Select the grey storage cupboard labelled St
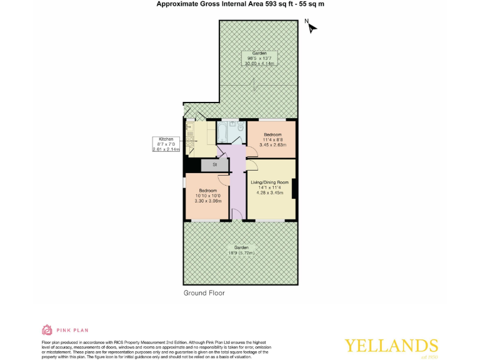pos(214,165)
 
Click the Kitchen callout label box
pos(166,144)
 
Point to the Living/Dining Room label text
pos(273,182)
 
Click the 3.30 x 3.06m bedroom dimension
pos(207,202)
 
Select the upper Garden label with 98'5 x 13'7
pos(259,58)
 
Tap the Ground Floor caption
pos(204,292)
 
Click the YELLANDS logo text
pos(391,346)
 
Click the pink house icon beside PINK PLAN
pos(47,329)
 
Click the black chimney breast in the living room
pos(294,189)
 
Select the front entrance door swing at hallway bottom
pos(237,214)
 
